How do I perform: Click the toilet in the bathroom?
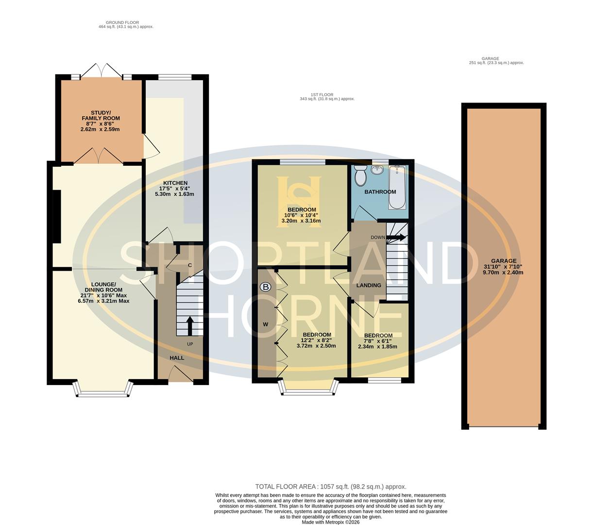(360, 176)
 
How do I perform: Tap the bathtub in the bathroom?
(397, 187)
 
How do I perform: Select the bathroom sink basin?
(376, 170)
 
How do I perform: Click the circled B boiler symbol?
(265, 287)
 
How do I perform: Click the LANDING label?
(369, 285)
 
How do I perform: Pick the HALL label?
(177, 358)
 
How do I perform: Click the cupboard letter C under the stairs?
(190, 265)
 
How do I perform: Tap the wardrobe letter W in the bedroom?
(266, 324)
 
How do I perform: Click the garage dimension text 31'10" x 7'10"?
(504, 267)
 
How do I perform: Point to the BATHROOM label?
(380, 192)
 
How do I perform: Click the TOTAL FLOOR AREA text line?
(331, 487)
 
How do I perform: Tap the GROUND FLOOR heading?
(122, 22)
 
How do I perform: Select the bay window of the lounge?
(102, 390)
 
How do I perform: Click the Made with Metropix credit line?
(331, 522)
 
